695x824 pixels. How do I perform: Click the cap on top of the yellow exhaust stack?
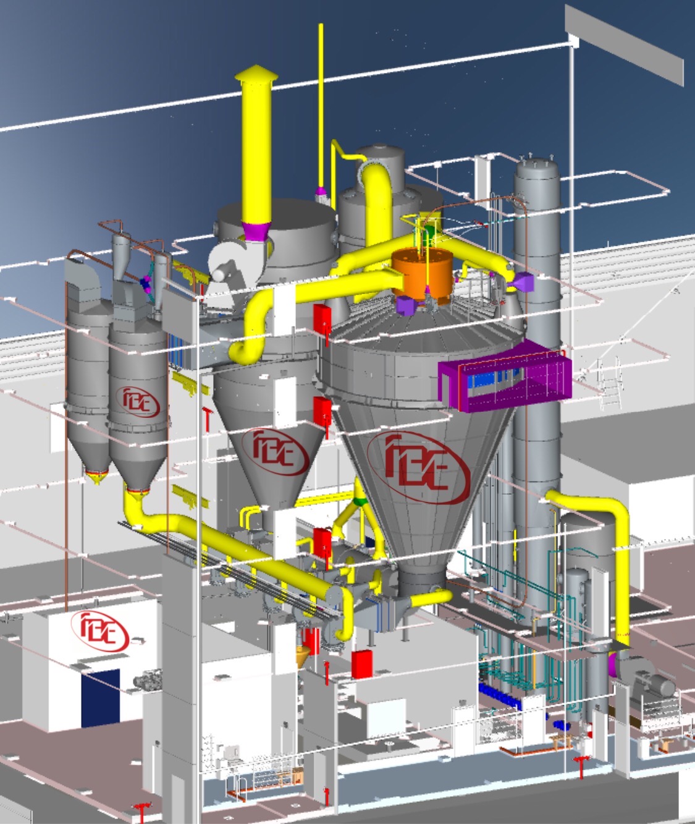pos(256,75)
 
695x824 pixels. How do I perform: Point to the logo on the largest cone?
pos(418,467)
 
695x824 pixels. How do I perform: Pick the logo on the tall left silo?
pos(141,401)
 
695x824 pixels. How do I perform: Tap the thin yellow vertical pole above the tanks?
pos(321,105)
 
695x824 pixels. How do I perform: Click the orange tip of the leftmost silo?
pos(95,477)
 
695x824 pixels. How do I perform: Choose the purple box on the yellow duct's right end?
pos(524,282)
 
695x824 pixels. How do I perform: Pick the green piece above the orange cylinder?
pos(428,232)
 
